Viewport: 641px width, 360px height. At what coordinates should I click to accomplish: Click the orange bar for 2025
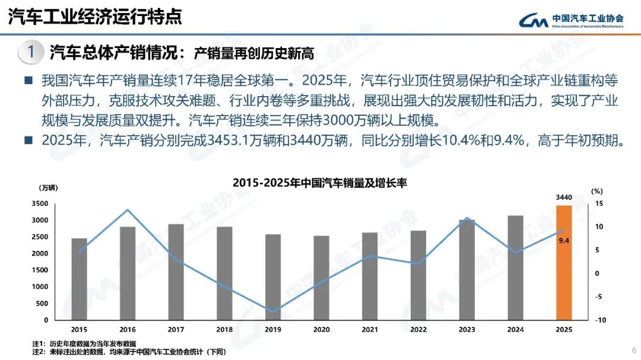[563, 262]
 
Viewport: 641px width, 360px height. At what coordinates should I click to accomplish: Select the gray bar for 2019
[272, 277]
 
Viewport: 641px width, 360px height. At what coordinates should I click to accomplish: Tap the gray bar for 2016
[128, 273]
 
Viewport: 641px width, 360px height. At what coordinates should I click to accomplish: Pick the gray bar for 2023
[467, 270]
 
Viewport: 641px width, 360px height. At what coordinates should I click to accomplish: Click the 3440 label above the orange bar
[564, 197]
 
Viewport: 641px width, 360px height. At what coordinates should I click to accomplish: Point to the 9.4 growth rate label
[564, 240]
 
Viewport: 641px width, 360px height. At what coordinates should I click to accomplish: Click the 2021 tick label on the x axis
[370, 329]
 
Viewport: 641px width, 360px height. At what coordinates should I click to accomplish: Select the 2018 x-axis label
[224, 329]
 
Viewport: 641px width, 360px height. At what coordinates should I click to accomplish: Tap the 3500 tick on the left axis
[40, 203]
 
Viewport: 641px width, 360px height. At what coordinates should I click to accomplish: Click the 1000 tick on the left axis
[40, 286]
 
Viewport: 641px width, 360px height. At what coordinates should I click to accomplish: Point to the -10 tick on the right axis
[601, 320]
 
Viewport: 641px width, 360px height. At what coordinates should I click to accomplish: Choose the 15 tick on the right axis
[598, 203]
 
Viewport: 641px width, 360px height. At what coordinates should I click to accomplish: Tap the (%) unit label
[597, 191]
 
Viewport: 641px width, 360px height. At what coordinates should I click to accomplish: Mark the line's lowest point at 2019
[272, 311]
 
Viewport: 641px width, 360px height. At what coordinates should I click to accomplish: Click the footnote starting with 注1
[84, 343]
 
